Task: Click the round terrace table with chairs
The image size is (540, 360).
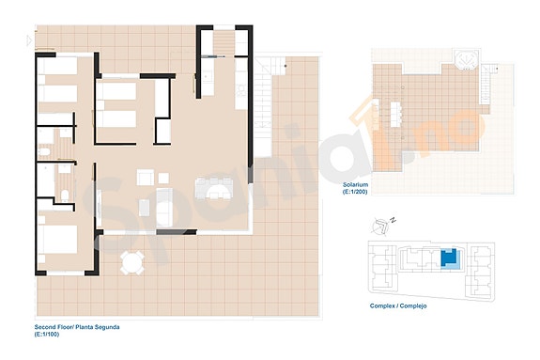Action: [x=133, y=260]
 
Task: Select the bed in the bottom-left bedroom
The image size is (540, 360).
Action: [x=58, y=239]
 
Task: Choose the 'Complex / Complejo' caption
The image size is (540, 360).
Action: [x=399, y=306]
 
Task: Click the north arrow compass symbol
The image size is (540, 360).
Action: [x=382, y=227]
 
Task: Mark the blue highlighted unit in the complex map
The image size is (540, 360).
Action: [x=451, y=258]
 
